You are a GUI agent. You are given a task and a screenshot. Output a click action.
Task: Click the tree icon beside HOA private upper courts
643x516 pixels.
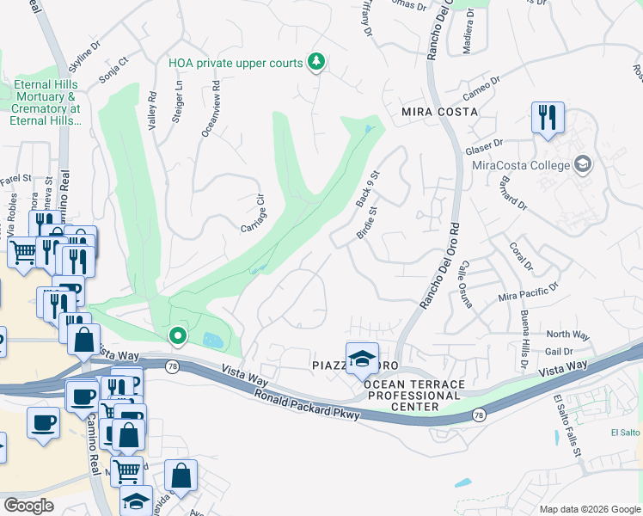tap(317, 62)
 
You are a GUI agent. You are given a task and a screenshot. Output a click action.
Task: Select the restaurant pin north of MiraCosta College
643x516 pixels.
tap(548, 117)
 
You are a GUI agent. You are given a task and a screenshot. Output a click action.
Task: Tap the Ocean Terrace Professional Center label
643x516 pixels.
tap(415, 395)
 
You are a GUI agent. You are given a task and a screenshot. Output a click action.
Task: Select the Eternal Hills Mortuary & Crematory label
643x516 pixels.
tap(46, 103)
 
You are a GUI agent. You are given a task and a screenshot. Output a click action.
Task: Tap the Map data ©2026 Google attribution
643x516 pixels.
tap(589, 509)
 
